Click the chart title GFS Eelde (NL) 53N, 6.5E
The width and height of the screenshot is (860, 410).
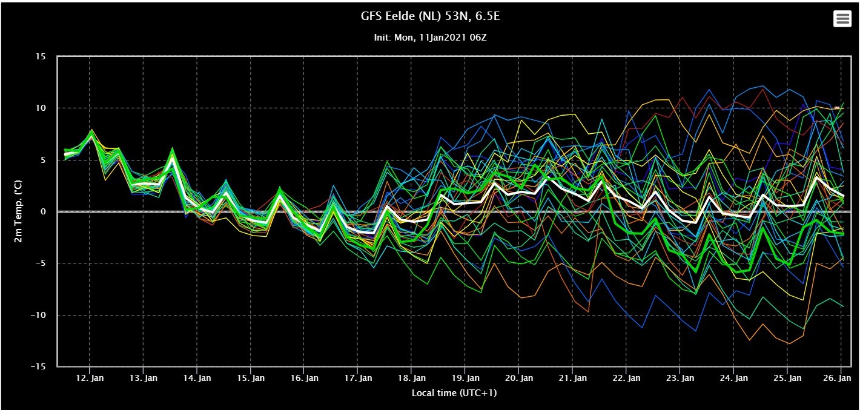(x=430, y=16)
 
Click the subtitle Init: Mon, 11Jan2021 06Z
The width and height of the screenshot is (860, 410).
(x=430, y=38)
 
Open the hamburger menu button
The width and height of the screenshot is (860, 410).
(x=842, y=18)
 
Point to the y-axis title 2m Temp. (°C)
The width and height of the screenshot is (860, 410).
(x=18, y=211)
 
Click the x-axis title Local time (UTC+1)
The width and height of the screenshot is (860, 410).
(x=454, y=392)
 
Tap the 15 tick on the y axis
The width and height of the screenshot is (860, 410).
(x=41, y=57)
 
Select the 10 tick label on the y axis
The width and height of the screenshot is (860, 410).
(x=41, y=108)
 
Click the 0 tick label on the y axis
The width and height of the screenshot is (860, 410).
(x=43, y=211)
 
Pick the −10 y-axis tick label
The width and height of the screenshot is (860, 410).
(x=38, y=315)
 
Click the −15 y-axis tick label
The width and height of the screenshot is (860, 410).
(x=38, y=366)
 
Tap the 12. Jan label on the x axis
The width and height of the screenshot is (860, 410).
(x=90, y=378)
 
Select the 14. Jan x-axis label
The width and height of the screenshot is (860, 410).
(x=197, y=378)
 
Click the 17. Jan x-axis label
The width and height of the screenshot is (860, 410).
(x=358, y=378)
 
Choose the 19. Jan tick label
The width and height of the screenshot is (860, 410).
(x=465, y=378)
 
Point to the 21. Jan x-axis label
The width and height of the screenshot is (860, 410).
(x=572, y=378)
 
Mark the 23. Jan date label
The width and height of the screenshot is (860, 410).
(x=680, y=378)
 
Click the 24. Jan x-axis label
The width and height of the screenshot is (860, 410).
(x=733, y=378)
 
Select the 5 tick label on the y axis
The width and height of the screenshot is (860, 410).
(x=43, y=160)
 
